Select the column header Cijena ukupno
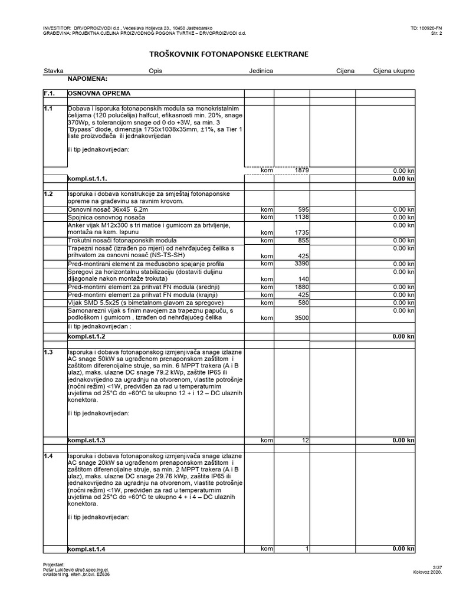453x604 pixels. [x=393, y=71]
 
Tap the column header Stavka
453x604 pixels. [x=53, y=71]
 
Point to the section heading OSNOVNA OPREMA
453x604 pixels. [x=99, y=93]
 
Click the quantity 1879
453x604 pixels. [x=301, y=170]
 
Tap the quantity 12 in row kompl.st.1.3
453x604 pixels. [x=305, y=440]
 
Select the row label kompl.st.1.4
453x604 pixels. [x=87, y=549]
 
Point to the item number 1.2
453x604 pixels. [x=48, y=193]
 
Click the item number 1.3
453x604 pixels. [x=48, y=352]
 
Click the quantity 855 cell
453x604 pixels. [x=301, y=241]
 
